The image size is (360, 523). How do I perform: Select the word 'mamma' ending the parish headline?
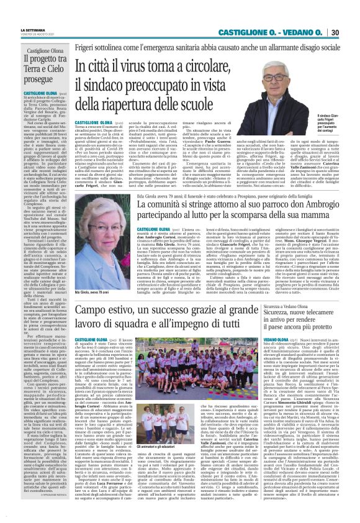[x=297, y=214]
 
